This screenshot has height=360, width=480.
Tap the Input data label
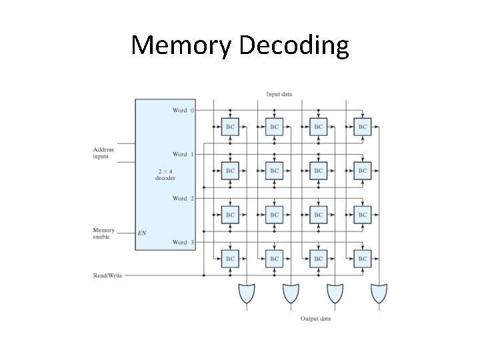[279, 94]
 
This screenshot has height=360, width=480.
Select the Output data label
[315, 319]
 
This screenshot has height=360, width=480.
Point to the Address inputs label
[103, 153]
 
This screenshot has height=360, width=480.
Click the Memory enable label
[103, 233]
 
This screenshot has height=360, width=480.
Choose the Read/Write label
[107, 275]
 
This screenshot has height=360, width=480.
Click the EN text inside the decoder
[142, 233]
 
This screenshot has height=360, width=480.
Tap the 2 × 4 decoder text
[165, 175]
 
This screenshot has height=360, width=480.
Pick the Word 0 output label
[183, 110]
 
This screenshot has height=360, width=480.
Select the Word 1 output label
[183, 154]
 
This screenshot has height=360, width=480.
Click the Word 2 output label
[183, 198]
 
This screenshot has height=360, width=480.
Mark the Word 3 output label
[183, 242]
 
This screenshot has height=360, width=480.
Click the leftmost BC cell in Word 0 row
[230, 127]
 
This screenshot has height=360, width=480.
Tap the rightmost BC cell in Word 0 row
[362, 127]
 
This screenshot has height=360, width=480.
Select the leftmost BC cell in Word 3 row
[230, 259]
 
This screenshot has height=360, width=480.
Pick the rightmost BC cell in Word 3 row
[362, 259]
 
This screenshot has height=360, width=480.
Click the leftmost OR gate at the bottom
[247, 293]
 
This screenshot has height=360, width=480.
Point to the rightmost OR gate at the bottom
[379, 293]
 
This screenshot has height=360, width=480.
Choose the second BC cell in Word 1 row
[274, 171]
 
